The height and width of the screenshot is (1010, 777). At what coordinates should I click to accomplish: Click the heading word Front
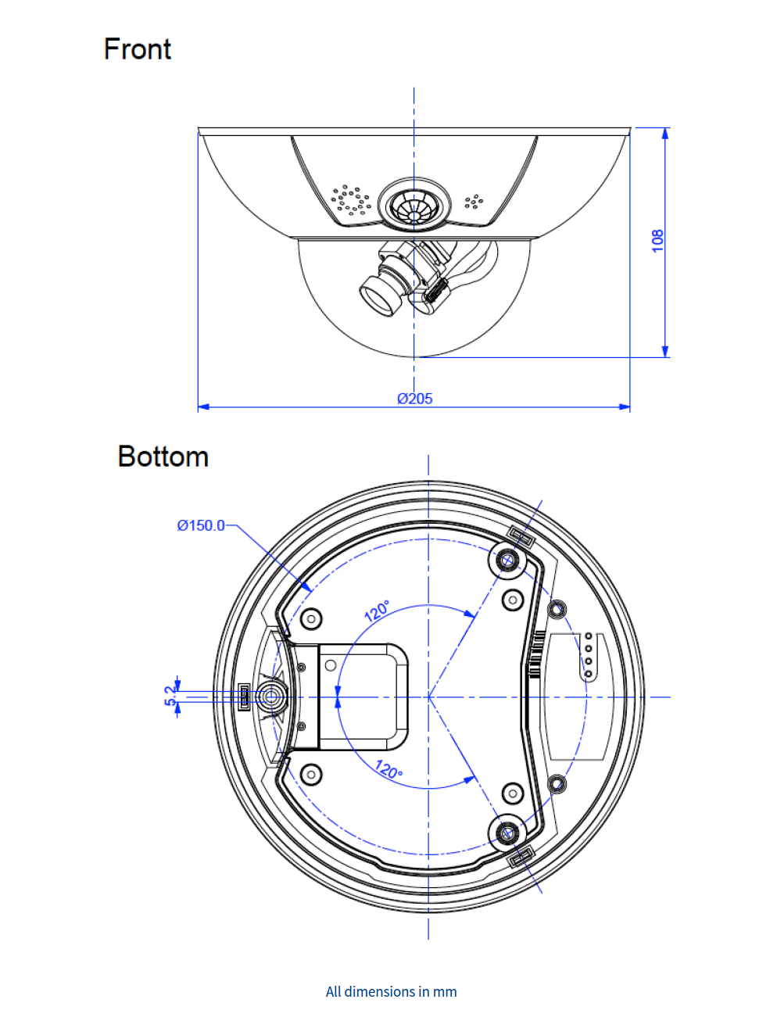(137, 49)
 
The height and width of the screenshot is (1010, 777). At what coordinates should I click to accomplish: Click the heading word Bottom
(163, 457)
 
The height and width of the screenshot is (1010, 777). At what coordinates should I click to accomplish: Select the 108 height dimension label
(657, 240)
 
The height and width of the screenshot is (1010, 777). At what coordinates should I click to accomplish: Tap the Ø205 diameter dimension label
(414, 399)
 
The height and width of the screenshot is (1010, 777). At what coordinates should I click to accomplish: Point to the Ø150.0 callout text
(200, 525)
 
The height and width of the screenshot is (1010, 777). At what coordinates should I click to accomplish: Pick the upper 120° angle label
(378, 611)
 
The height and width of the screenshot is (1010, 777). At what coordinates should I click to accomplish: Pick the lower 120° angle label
(388, 770)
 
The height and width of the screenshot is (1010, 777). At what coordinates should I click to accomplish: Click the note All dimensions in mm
(391, 991)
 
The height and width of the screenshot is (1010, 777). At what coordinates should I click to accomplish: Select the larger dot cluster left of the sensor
(349, 199)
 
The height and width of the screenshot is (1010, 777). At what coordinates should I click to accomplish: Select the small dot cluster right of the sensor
(474, 202)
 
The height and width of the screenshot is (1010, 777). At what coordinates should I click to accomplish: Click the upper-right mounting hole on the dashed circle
(507, 560)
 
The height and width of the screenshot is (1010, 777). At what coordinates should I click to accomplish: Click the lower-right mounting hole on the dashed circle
(507, 833)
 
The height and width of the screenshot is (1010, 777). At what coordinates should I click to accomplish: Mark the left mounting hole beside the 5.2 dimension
(271, 697)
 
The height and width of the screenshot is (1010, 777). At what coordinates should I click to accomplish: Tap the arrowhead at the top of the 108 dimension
(665, 133)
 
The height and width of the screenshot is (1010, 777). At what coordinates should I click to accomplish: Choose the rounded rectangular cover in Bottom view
(363, 696)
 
